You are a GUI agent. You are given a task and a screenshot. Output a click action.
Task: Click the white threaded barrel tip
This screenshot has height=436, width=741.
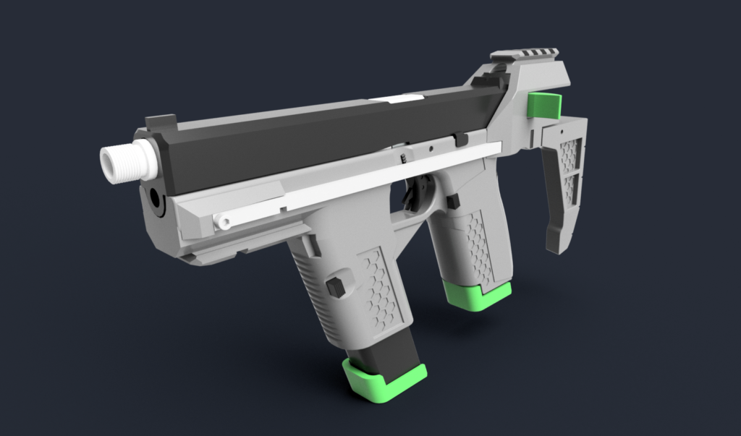pos(127,162)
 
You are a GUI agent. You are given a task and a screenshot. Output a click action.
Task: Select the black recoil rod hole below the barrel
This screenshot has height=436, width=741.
pos(154,196)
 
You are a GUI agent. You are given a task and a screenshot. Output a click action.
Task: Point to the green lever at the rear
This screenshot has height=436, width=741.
pos(544,106)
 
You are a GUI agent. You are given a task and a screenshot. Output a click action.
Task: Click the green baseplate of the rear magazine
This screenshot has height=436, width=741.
pos(478,296)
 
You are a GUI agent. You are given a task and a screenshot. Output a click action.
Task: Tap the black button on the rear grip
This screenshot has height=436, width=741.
pos(453,201)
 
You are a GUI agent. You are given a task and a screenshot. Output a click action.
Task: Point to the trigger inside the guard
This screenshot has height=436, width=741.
pos(418,194)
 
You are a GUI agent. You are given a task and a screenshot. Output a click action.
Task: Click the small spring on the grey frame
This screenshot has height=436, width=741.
pos(402,156)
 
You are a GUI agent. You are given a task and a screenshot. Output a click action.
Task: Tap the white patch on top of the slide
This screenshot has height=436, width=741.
pos(396,99)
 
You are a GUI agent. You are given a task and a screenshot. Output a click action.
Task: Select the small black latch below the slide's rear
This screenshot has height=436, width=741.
pos(460,138)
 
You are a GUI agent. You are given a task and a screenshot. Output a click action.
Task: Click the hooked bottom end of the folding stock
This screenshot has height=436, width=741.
pos(554,239)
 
